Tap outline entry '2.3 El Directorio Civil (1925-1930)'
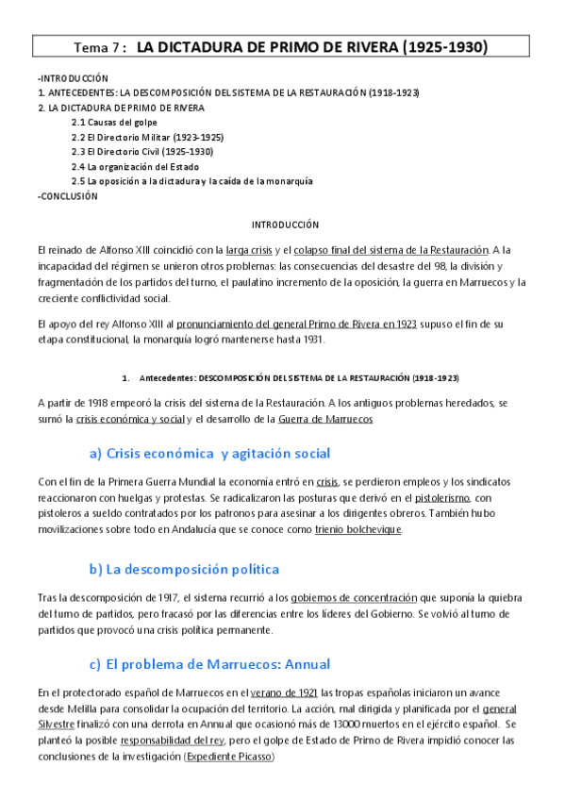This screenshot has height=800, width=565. [142, 151]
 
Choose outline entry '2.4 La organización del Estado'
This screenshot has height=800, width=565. [135, 166]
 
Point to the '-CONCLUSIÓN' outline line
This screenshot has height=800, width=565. [67, 196]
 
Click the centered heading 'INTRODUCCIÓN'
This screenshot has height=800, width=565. [285, 225]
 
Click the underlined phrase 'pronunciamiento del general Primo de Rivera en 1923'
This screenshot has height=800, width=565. [296, 324]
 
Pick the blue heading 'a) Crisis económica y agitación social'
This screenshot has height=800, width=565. [209, 453]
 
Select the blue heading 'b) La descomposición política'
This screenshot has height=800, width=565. [184, 569]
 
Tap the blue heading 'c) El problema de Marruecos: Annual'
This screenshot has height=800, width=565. [209, 664]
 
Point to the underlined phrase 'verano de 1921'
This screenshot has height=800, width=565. [284, 692]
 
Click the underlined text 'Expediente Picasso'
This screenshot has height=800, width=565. [228, 757]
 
